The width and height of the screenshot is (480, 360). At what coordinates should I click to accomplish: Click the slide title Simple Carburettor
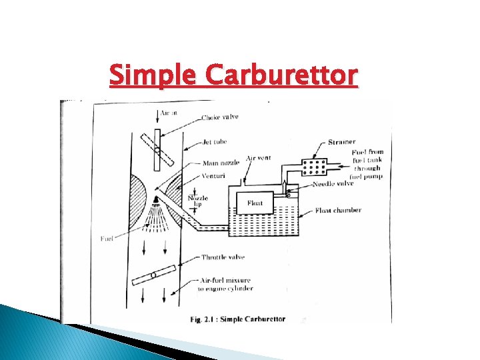233,75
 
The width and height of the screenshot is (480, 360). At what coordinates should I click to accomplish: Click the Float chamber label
338,211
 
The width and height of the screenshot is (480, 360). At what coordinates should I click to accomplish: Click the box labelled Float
255,203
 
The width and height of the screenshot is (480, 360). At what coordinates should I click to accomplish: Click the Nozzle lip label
197,202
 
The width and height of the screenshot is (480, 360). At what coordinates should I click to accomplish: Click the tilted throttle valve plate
154,274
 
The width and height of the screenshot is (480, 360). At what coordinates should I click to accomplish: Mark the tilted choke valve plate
157,150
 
